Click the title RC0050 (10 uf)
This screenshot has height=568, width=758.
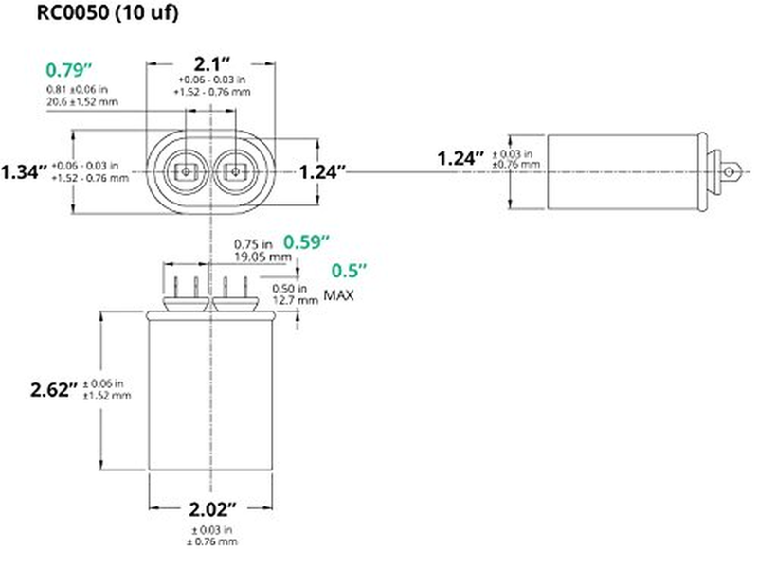coord(107,12)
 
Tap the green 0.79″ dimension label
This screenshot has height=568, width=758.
coord(68,70)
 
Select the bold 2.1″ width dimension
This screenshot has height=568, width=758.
coord(211,63)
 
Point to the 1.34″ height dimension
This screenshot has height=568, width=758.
coord(24,172)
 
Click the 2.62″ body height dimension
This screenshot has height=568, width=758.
coord(54,389)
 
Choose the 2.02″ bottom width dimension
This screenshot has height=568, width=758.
coord(212,509)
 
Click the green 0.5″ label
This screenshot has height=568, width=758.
coord(349,271)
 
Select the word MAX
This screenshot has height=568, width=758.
coord(338,295)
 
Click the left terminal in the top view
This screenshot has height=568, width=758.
coord(186,171)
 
